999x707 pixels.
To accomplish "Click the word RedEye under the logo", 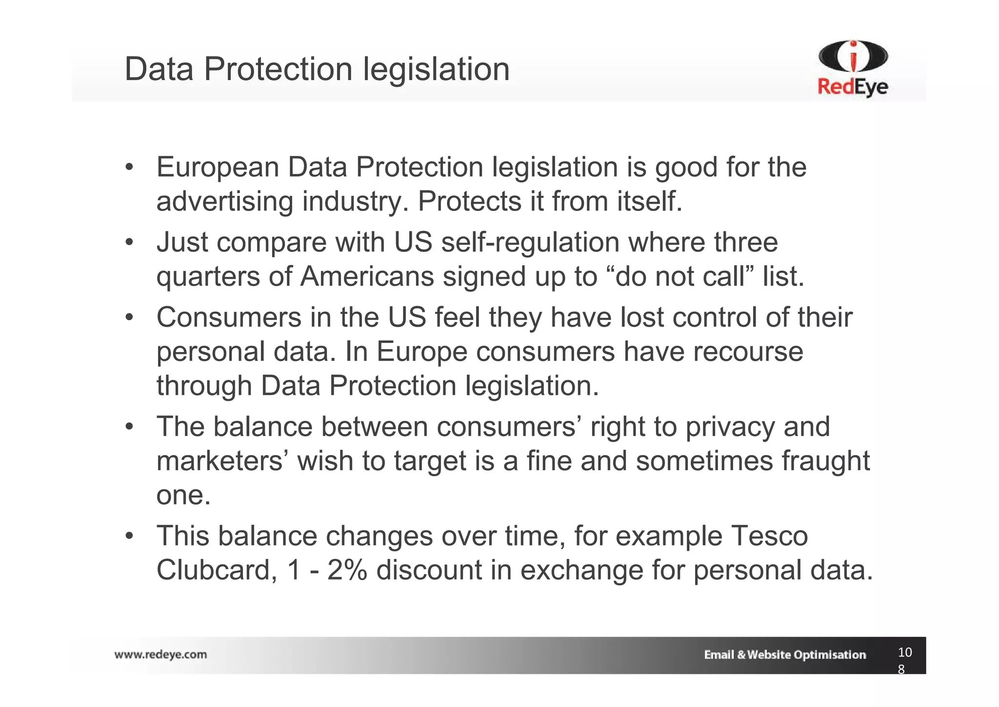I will point(853,88).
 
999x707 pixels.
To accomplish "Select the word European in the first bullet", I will point(218,167).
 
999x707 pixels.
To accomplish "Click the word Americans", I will point(367,276).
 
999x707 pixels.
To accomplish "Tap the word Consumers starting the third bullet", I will point(229,317).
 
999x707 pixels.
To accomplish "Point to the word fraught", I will point(826,461).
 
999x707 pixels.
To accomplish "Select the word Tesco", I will point(769,536).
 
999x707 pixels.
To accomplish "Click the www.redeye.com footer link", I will point(160,654).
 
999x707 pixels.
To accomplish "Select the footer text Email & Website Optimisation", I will point(784,655).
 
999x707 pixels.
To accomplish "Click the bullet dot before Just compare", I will point(129,243).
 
